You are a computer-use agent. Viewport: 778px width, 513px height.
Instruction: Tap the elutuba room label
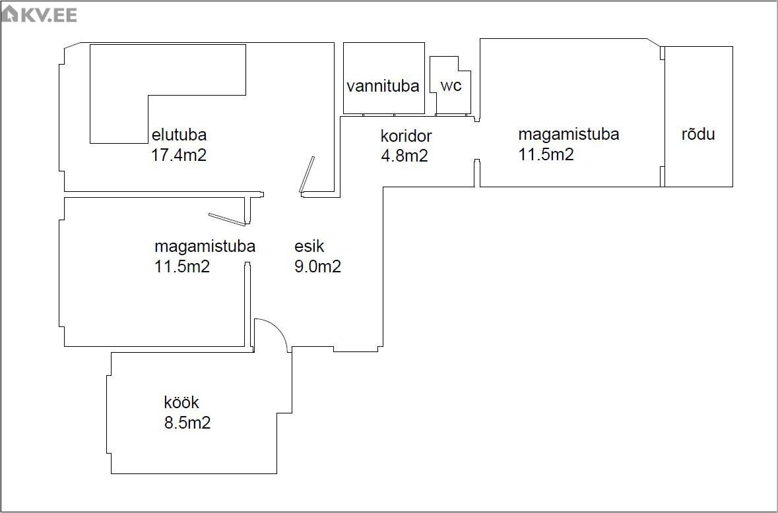click(x=179, y=135)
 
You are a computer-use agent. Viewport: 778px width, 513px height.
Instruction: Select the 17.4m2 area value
click(x=179, y=156)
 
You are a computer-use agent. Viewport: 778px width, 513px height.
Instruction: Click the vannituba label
click(x=383, y=86)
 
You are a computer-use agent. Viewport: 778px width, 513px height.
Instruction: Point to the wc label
click(x=451, y=86)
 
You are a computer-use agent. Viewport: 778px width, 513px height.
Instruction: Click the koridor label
click(x=406, y=136)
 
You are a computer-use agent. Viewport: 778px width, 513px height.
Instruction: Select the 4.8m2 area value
click(x=404, y=156)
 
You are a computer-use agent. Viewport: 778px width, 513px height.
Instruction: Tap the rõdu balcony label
click(x=698, y=135)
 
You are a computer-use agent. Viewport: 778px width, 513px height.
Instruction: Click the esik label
click(x=309, y=247)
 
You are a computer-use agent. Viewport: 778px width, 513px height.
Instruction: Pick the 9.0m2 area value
click(x=317, y=267)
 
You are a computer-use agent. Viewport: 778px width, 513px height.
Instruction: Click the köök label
click(x=181, y=402)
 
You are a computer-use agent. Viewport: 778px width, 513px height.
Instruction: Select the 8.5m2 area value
click(x=187, y=423)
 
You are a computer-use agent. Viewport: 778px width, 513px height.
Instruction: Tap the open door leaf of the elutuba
click(x=307, y=175)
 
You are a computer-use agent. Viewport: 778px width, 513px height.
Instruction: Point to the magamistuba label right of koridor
click(x=568, y=135)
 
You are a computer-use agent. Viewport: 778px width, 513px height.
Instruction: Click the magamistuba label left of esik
click(x=205, y=247)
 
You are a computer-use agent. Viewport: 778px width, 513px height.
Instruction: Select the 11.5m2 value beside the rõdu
click(x=546, y=155)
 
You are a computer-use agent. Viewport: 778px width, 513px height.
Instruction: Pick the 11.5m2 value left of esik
click(x=182, y=267)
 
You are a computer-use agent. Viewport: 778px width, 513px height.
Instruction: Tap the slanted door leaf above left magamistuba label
click(x=226, y=219)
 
